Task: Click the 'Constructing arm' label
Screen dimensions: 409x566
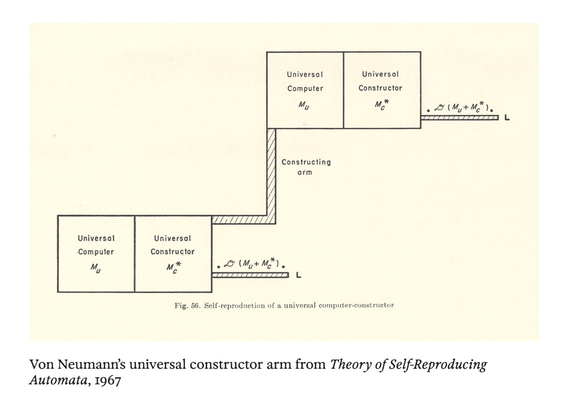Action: coord(306,167)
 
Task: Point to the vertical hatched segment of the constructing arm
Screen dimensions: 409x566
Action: coord(271,172)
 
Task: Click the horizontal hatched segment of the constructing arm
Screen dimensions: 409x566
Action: coord(239,219)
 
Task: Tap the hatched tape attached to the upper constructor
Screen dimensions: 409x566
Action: coord(460,117)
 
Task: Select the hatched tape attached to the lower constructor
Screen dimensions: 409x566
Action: coord(250,275)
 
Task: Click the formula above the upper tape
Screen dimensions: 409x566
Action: coord(464,107)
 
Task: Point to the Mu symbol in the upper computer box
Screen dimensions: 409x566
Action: coord(304,104)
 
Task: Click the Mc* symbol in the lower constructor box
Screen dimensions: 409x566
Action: coord(173,267)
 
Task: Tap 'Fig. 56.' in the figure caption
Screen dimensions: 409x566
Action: coord(187,305)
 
